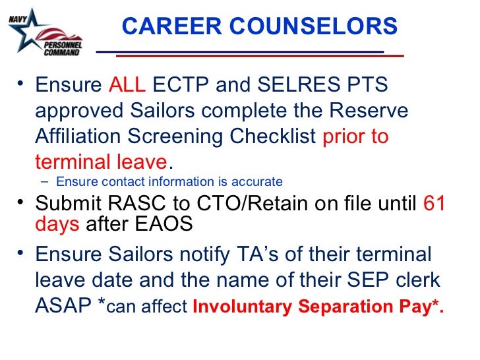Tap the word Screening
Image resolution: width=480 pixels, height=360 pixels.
tap(175, 136)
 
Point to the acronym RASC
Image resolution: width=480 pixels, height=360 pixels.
tap(129, 204)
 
